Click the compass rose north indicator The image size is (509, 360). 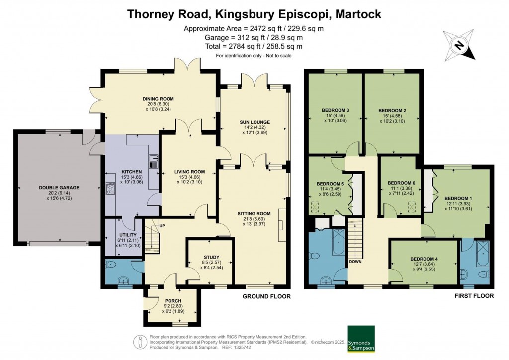click(x=460, y=45)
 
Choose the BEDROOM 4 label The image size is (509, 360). click(x=424, y=259)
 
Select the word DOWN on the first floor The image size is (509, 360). click(x=355, y=261)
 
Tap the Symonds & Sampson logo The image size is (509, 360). click(x=361, y=339)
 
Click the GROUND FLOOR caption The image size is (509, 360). click(x=266, y=296)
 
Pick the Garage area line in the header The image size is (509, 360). click(x=254, y=37)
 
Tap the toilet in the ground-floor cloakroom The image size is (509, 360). click(x=111, y=264)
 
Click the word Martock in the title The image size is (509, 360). click(x=357, y=14)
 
